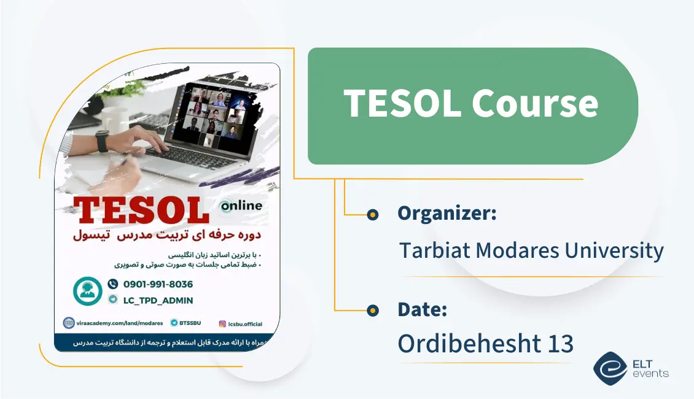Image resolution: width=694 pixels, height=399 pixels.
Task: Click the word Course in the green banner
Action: click(534, 103)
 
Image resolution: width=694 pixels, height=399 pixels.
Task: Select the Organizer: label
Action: click(446, 214)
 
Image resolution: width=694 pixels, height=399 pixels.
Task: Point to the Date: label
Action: click(422, 309)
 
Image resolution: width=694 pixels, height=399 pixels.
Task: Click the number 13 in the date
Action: click(561, 344)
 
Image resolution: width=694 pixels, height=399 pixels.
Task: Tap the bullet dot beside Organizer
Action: click(372, 214)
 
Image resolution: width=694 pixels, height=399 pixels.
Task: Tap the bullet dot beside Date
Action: click(372, 310)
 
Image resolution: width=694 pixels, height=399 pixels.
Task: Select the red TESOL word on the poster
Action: click(140, 211)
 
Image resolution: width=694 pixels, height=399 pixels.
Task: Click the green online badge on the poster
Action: click(241, 206)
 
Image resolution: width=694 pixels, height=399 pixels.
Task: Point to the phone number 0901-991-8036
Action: click(158, 284)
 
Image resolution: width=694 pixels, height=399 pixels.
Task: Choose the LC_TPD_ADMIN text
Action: click(158, 300)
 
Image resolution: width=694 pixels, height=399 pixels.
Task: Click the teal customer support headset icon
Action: click(87, 291)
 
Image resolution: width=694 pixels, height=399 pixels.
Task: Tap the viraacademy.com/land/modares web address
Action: click(114, 322)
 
